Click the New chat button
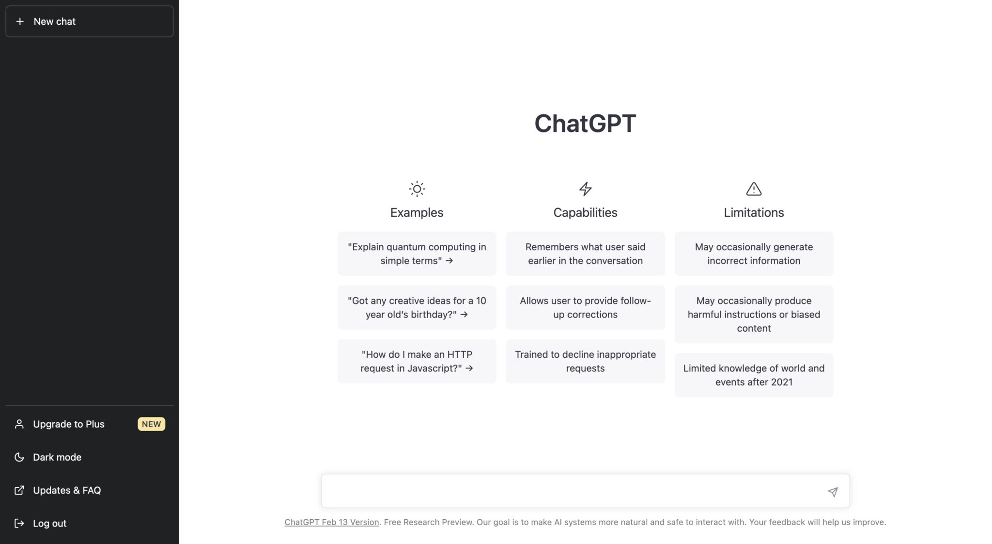89,21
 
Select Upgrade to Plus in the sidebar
68,424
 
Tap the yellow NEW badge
151,424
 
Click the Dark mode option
57,457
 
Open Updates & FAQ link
66,490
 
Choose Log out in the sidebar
49,523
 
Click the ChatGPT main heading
585,123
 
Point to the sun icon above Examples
417,189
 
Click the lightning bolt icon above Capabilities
585,189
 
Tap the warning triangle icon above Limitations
754,189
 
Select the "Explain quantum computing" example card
417,254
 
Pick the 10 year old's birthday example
417,307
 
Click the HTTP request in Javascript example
417,361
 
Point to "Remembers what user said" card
585,254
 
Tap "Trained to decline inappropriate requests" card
585,361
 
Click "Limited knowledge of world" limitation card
754,375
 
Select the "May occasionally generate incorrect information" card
754,254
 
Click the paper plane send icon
832,492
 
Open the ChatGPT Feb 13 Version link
331,522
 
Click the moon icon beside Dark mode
19,457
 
